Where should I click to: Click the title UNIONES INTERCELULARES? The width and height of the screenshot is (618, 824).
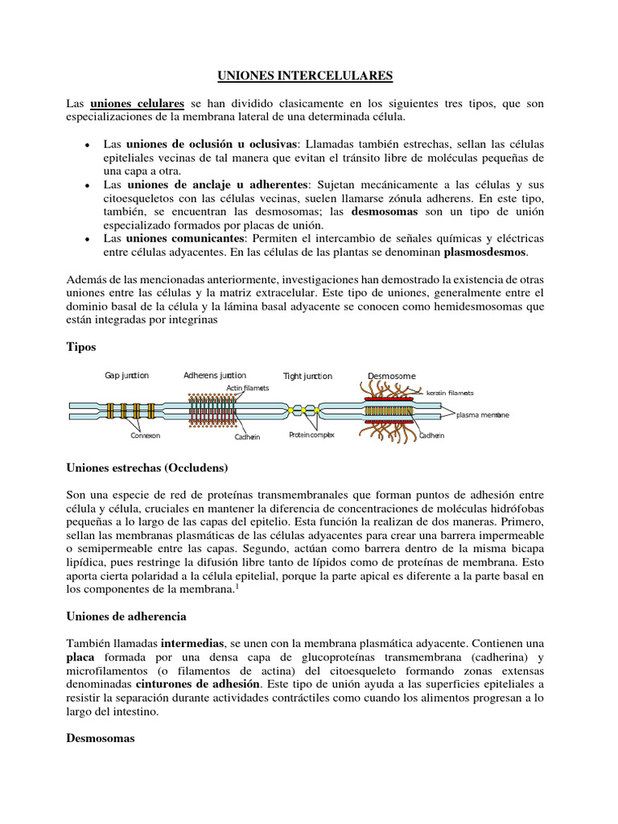(305, 76)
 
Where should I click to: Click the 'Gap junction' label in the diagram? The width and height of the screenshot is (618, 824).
(127, 375)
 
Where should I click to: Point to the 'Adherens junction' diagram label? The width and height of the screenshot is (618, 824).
(215, 375)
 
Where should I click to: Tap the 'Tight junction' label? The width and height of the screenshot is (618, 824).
(307, 376)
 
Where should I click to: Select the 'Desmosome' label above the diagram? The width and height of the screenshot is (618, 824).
(392, 376)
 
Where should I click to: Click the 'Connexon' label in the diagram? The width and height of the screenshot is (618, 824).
(146, 435)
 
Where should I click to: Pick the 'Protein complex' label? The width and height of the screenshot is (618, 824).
(311, 435)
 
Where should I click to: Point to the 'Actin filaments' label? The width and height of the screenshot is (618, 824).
(247, 388)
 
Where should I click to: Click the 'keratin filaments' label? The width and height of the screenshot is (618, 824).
(450, 393)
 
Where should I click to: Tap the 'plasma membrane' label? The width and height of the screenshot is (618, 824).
(483, 415)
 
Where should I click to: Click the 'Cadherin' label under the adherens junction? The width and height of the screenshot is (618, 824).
(247, 437)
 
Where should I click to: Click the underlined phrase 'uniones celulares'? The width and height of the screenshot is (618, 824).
(138, 104)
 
